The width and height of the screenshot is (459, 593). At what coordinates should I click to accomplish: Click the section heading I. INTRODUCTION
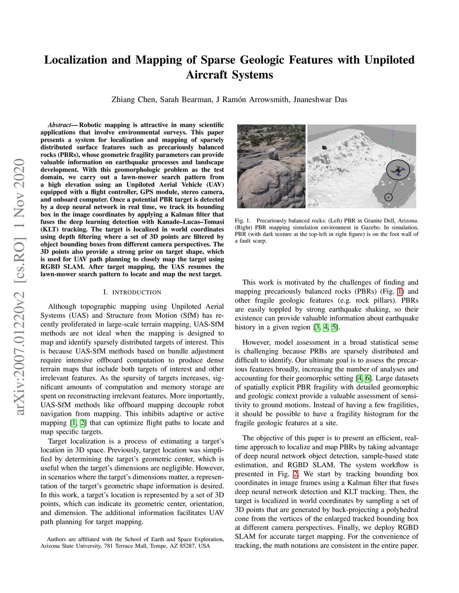132,292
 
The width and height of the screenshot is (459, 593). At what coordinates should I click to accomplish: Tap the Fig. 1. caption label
242,221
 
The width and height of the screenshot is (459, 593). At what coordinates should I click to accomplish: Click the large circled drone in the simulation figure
398,171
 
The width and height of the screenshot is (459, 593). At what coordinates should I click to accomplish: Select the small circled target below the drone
389,197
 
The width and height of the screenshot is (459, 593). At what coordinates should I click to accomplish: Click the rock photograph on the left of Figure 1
271,166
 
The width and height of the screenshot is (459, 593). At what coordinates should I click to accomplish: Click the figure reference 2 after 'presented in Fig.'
295,474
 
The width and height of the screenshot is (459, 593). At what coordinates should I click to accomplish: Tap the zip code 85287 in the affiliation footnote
188,546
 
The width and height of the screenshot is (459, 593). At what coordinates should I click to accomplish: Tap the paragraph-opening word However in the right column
256,342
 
